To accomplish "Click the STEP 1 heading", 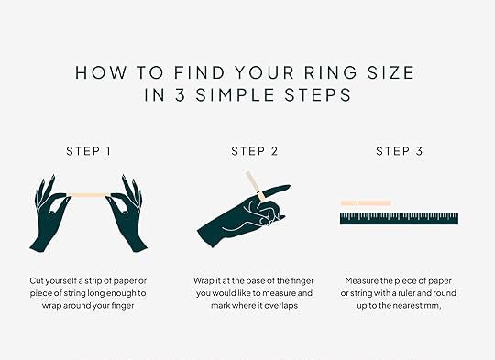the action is (88, 151).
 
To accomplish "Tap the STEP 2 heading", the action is (255, 151).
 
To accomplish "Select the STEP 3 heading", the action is (400, 151).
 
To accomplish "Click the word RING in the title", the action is (331, 72).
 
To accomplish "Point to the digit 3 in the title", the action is (180, 95).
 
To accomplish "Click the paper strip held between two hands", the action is (89, 195).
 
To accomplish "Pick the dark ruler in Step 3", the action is (399, 218).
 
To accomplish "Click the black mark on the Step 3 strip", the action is (357, 202).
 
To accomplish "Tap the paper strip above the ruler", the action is (366, 202).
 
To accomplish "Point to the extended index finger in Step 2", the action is (276, 190).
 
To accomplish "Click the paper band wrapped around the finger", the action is (260, 195).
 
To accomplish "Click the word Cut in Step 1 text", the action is (36, 280).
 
